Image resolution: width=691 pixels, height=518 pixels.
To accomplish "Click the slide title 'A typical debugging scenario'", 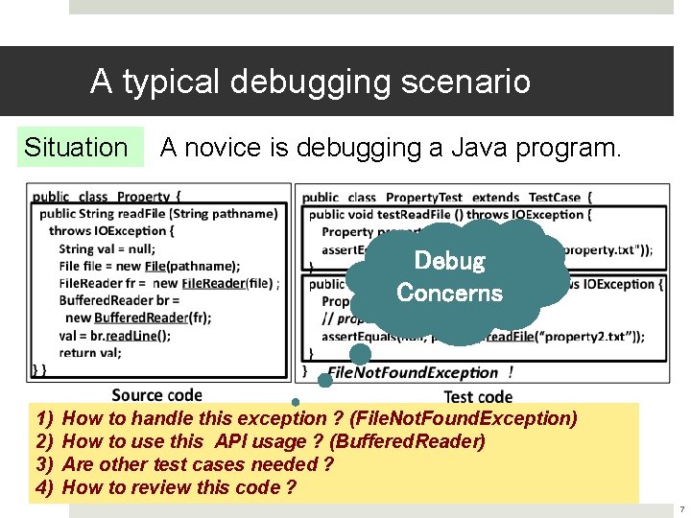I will pos(310,82).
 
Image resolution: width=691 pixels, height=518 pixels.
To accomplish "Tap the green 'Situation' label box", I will pos(76,148).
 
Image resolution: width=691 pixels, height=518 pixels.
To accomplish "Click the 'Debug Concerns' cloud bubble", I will pos(449,276).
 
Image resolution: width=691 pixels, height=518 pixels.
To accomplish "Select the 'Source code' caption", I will pos(156,394).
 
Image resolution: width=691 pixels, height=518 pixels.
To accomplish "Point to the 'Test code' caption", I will pos(478,396).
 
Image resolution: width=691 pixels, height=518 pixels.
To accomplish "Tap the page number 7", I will pos(680,508).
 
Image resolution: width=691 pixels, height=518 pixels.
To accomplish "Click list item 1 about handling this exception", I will pos(319,418).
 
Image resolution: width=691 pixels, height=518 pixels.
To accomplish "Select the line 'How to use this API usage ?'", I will pos(274,441).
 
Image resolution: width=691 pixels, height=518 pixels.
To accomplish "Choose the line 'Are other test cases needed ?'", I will pos(197,464).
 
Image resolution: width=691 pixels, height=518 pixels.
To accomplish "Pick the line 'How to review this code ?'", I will pos(179,487).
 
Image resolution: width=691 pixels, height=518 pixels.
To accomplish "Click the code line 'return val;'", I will pos(91,352).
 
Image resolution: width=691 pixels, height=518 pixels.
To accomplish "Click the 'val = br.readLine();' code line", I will pos(114,336).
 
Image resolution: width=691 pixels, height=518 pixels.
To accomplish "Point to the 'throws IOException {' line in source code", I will pos(111,231).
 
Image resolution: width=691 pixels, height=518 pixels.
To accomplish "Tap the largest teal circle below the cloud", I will pos(360,355).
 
